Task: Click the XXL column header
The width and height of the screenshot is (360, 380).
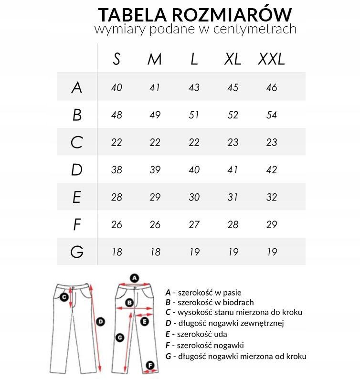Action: [x=271, y=59]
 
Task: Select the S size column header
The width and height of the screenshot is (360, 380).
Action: [x=116, y=59]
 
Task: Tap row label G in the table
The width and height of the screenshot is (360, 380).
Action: [x=77, y=251]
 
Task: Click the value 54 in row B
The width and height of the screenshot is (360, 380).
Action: [x=271, y=115]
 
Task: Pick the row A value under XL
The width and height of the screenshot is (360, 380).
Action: [x=233, y=87]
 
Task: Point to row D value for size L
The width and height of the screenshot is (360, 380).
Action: [x=194, y=170]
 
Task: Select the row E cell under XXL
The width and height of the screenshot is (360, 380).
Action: [x=271, y=197]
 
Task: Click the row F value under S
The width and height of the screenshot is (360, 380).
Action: [x=116, y=224]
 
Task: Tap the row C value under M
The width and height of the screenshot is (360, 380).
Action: [x=155, y=142]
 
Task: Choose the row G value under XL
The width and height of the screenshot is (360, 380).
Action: [x=233, y=252]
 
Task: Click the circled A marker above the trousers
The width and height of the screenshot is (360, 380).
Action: [x=134, y=277]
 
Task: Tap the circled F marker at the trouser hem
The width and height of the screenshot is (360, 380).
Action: [x=150, y=365]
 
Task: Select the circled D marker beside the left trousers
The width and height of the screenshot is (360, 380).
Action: [x=101, y=322]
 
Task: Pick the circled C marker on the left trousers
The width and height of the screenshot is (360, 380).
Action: [x=64, y=296]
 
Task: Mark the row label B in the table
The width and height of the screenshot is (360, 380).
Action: [x=77, y=115]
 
